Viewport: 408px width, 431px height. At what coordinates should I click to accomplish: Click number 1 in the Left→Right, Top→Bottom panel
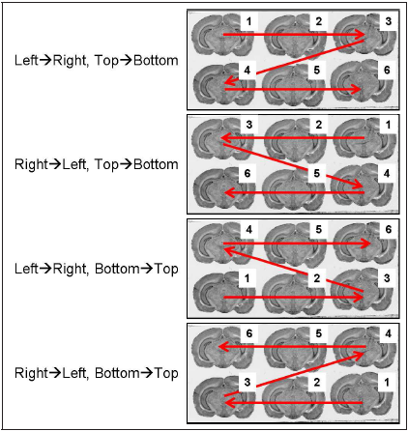click(248, 21)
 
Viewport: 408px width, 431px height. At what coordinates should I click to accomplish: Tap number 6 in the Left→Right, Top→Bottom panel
click(387, 70)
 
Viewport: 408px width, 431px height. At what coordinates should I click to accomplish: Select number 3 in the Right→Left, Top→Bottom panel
click(248, 125)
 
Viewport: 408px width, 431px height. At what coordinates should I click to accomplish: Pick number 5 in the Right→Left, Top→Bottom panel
click(317, 173)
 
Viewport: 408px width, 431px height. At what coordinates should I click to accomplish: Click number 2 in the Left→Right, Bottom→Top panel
click(317, 278)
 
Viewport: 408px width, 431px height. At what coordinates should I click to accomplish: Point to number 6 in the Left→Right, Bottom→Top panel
click(389, 229)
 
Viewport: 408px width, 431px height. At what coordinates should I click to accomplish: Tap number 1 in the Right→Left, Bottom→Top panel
click(387, 383)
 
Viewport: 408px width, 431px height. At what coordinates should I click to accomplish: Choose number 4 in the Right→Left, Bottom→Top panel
click(389, 333)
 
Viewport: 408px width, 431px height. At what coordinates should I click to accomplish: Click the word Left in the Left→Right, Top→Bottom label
click(26, 61)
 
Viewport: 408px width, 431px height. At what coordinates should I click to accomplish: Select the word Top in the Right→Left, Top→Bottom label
click(106, 164)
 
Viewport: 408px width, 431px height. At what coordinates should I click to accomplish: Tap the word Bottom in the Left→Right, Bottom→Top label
click(117, 269)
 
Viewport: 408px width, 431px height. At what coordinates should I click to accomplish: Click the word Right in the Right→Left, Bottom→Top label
click(31, 373)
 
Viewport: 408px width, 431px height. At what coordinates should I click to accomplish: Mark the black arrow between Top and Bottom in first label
click(126, 61)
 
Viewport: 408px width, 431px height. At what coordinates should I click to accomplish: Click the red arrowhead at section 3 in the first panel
click(360, 35)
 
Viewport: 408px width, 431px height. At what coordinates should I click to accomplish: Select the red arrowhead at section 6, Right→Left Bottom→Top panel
click(223, 347)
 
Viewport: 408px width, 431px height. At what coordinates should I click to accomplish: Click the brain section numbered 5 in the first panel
click(293, 85)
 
